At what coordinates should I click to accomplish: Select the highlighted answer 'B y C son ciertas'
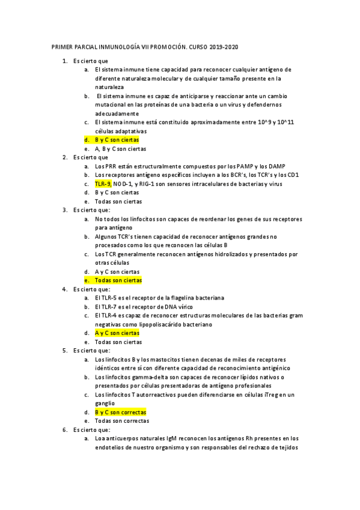(117, 140)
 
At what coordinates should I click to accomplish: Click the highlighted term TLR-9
(103, 183)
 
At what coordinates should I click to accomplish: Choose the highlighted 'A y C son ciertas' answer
(117, 333)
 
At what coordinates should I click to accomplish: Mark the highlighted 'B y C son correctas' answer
(120, 412)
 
